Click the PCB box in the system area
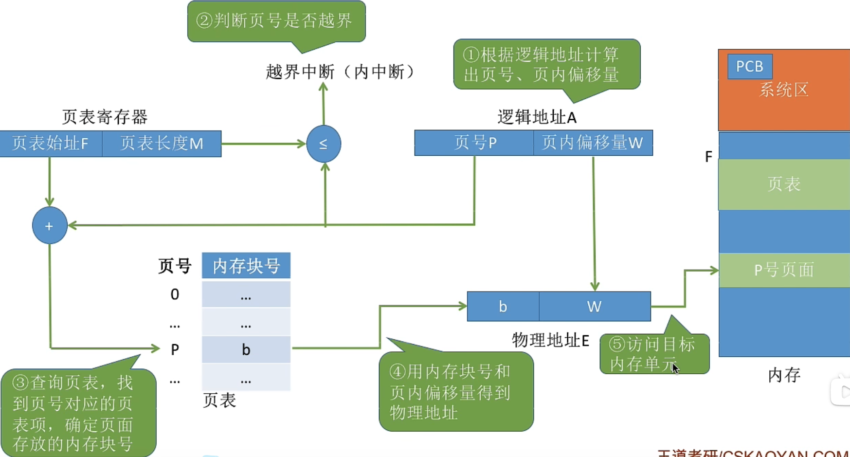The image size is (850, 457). point(749,66)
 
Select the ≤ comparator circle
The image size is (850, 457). point(324,144)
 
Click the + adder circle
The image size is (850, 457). point(49,226)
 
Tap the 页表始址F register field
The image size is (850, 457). point(51,144)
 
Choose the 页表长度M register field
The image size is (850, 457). point(162,144)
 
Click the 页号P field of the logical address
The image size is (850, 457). point(474,143)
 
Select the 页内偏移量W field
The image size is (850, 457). point(593,143)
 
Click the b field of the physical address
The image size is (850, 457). point(503,306)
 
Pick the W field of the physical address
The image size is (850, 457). point(594,306)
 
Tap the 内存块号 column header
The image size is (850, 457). point(246,266)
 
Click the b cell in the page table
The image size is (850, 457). point(246,349)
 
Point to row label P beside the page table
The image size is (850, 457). point(175,349)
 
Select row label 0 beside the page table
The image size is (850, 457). point(175,294)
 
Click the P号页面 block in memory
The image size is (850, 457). point(784,270)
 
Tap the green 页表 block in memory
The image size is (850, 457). point(784,184)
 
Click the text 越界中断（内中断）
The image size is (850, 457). point(341,72)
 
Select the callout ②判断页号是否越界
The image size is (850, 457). point(276,21)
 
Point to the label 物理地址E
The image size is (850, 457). point(550,340)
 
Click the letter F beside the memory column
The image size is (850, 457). point(708,157)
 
